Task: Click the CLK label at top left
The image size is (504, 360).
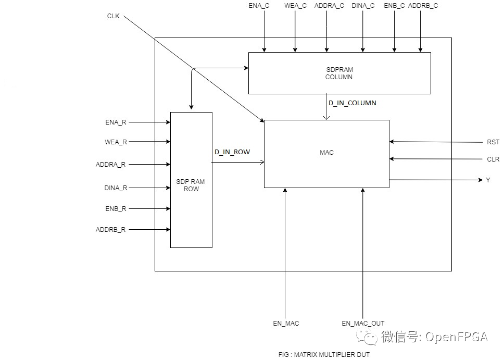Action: click(x=113, y=16)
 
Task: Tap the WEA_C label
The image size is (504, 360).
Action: click(x=296, y=6)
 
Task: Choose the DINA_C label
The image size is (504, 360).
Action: click(x=363, y=6)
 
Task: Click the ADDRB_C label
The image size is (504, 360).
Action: click(x=423, y=6)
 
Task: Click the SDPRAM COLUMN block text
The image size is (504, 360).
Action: click(x=339, y=73)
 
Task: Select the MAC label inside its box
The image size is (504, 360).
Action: click(x=327, y=153)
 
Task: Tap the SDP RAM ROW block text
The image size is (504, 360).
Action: click(x=191, y=185)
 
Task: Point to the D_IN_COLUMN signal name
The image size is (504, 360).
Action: click(x=352, y=103)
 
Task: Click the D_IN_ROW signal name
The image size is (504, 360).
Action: click(x=232, y=152)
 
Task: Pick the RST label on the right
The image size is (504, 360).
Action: click(x=493, y=142)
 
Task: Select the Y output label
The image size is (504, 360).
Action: click(x=488, y=180)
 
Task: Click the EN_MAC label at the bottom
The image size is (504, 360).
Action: click(x=286, y=324)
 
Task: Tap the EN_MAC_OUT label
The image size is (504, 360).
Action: click(x=363, y=324)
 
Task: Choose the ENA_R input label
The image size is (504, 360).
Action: click(x=115, y=122)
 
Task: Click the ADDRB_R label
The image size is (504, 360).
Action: click(x=110, y=229)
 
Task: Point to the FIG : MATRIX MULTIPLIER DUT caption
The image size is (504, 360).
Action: click(x=324, y=354)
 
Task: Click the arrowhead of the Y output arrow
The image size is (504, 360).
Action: click(x=481, y=180)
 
